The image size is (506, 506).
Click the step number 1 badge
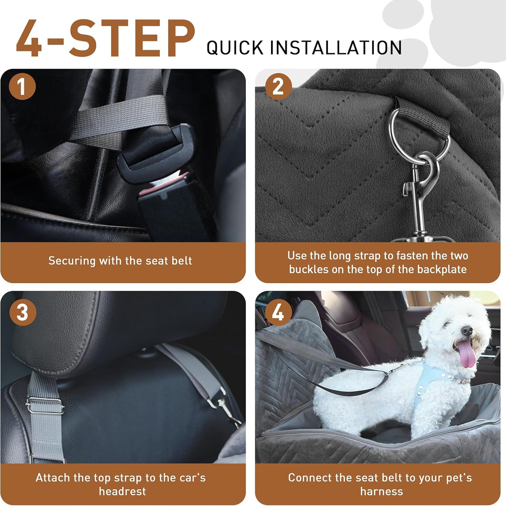(x=22, y=86)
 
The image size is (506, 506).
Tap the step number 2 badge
(x=278, y=86)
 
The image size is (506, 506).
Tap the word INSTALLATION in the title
(x=336, y=48)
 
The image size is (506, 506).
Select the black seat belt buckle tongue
(x=158, y=154)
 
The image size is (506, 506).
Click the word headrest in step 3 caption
(x=122, y=492)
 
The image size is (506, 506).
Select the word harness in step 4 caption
(x=381, y=492)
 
